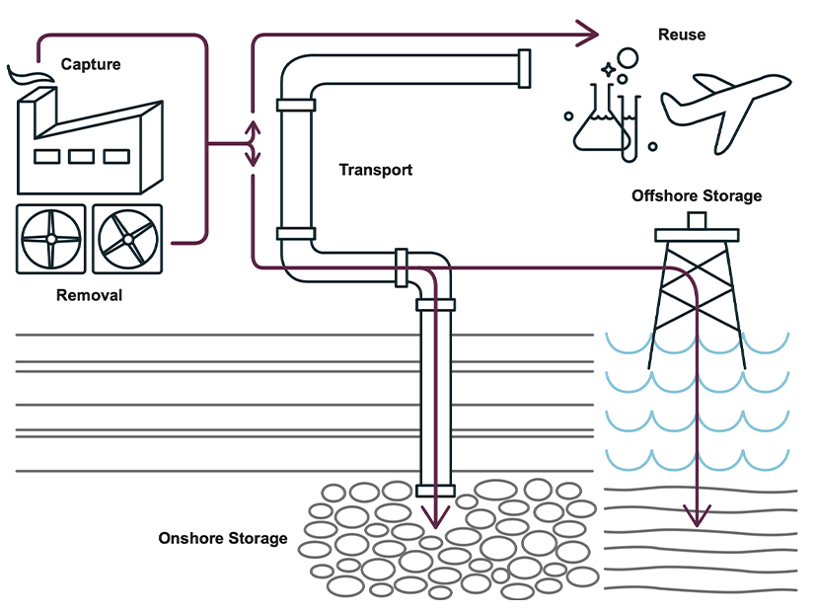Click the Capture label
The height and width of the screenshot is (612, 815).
pyautogui.click(x=91, y=65)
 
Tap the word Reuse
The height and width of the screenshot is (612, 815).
pyautogui.click(x=682, y=35)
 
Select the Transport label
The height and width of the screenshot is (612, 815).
pyautogui.click(x=376, y=170)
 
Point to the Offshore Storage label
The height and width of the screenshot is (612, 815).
pyautogui.click(x=697, y=195)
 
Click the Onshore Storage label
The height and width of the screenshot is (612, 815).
pyautogui.click(x=223, y=538)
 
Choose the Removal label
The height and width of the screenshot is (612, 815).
pyautogui.click(x=90, y=294)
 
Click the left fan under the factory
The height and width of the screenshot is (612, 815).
pyautogui.click(x=51, y=239)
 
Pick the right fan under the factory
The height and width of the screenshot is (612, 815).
pyautogui.click(x=127, y=239)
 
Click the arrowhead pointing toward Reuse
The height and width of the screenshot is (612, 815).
pyautogui.click(x=589, y=35)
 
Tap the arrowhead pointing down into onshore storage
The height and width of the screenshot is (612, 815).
pyautogui.click(x=435, y=515)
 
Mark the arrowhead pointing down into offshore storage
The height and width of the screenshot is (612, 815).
pyautogui.click(x=698, y=514)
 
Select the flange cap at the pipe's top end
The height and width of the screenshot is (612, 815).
pyautogui.click(x=524, y=69)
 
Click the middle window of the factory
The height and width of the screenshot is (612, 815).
pyautogui.click(x=79, y=156)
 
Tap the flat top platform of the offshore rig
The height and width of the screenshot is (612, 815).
pyautogui.click(x=697, y=235)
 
